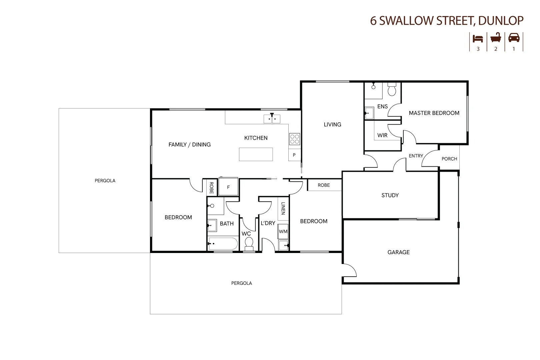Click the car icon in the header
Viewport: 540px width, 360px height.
[x=514, y=38]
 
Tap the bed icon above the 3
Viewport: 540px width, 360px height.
[x=478, y=38]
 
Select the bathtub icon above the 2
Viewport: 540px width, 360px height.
[x=496, y=38]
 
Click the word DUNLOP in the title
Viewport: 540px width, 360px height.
[x=501, y=21]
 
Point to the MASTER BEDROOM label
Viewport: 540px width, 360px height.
[x=434, y=113]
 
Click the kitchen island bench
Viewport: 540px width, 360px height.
[x=256, y=154]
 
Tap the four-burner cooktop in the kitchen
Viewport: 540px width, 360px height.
[x=294, y=139]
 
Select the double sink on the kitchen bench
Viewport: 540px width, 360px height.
[x=272, y=119]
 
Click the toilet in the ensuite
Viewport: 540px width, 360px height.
[x=392, y=90]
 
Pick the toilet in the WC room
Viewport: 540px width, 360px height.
[x=249, y=244]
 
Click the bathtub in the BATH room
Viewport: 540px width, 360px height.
[x=223, y=244]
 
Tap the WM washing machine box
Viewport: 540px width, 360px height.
[x=283, y=231]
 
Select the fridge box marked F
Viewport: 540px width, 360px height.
[x=228, y=187]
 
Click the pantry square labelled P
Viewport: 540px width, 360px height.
[x=294, y=155]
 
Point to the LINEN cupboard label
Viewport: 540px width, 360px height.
[x=283, y=208]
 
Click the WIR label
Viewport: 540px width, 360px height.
[x=382, y=135]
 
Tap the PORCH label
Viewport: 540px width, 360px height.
[x=449, y=159]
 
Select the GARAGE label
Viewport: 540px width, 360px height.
[x=398, y=252]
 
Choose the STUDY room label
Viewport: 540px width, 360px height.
[x=390, y=195]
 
